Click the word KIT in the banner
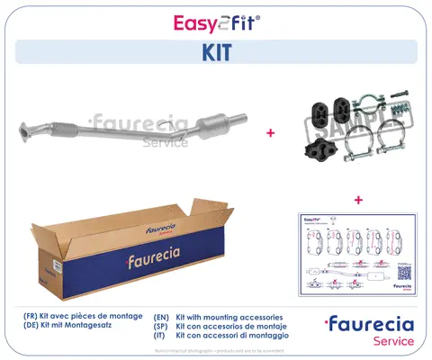216,52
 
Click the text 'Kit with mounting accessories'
236,318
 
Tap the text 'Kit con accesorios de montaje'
238,328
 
